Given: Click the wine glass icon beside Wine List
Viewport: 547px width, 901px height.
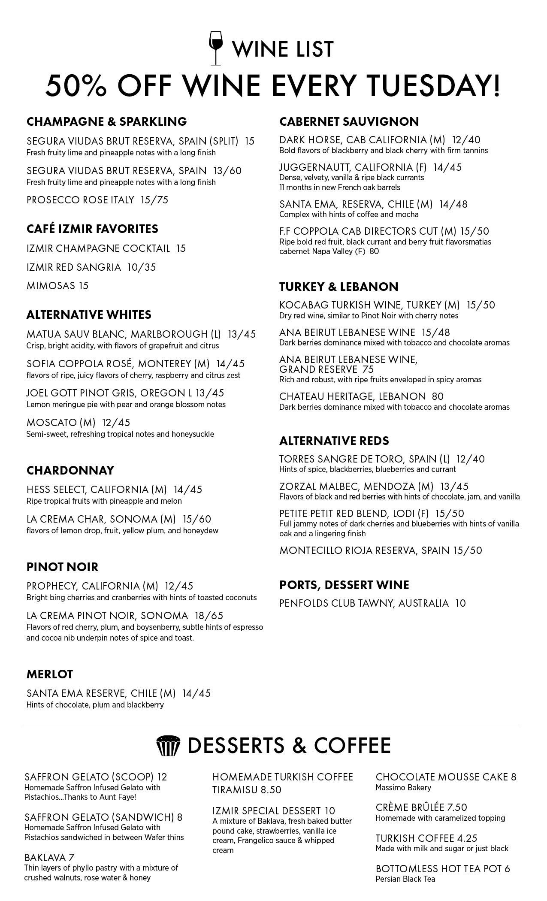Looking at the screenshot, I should click(216, 48).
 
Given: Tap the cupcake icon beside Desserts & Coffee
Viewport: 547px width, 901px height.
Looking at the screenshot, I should click(166, 746).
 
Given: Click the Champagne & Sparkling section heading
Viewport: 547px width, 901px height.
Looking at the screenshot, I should click(106, 122).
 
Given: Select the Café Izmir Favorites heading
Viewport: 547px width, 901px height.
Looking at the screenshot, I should click(92, 229).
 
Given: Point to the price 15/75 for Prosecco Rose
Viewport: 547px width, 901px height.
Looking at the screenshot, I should click(154, 200).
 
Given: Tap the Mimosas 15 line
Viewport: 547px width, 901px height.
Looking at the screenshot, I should click(57, 286).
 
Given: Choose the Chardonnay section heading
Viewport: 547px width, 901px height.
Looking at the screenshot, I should click(70, 470).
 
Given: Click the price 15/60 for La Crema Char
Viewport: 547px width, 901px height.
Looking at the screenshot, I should click(197, 519).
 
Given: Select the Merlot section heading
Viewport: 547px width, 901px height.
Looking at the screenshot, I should click(50, 674).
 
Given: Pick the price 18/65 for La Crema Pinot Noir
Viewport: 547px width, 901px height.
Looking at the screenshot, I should click(209, 616).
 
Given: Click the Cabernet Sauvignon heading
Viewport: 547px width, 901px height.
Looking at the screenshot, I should click(349, 122).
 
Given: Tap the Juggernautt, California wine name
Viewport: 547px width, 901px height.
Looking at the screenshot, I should click(347, 167).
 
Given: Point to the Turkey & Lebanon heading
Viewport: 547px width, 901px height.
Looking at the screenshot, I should click(338, 287).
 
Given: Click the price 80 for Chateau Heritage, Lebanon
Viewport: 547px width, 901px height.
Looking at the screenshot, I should click(438, 396).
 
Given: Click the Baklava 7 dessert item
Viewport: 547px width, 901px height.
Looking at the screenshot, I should click(49, 858).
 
